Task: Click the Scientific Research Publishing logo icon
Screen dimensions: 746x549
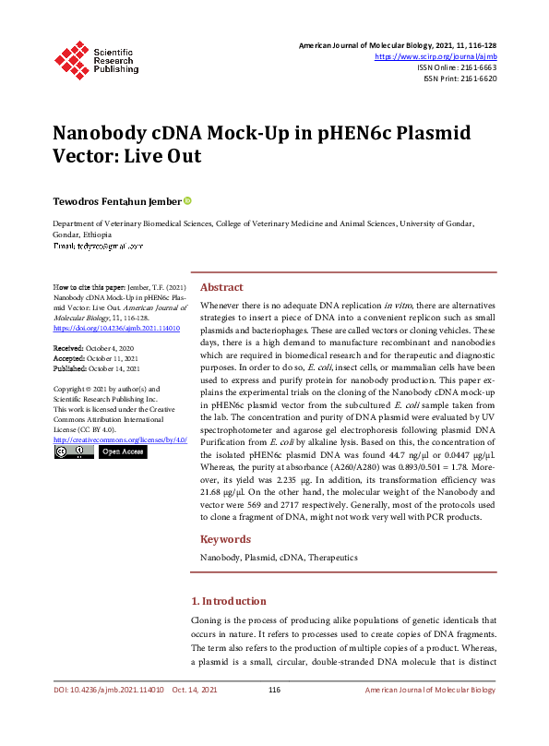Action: pyautogui.click(x=71, y=57)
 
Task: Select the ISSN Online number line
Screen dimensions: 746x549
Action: pyautogui.click(x=458, y=67)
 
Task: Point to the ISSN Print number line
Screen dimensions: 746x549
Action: pyautogui.click(x=459, y=78)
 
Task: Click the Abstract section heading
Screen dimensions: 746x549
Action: pyautogui.click(x=221, y=287)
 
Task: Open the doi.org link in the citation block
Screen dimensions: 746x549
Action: pyautogui.click(x=103, y=328)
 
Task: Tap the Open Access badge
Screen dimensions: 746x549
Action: pyautogui.click(x=122, y=452)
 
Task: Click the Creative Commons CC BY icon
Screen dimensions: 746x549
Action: pyautogui.click(x=73, y=452)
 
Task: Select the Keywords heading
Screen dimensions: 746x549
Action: pyautogui.click(x=225, y=539)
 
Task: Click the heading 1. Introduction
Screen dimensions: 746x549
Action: pyautogui.click(x=228, y=601)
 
